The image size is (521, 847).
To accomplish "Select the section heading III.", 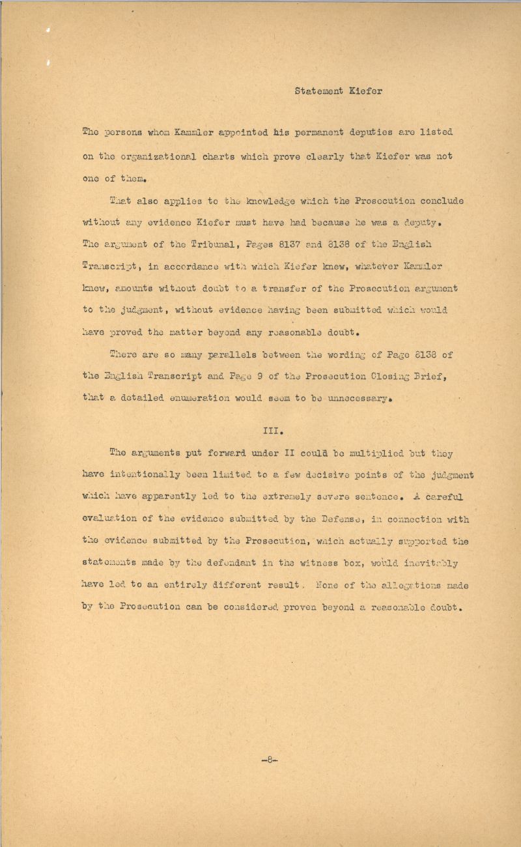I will tap(270, 430).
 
